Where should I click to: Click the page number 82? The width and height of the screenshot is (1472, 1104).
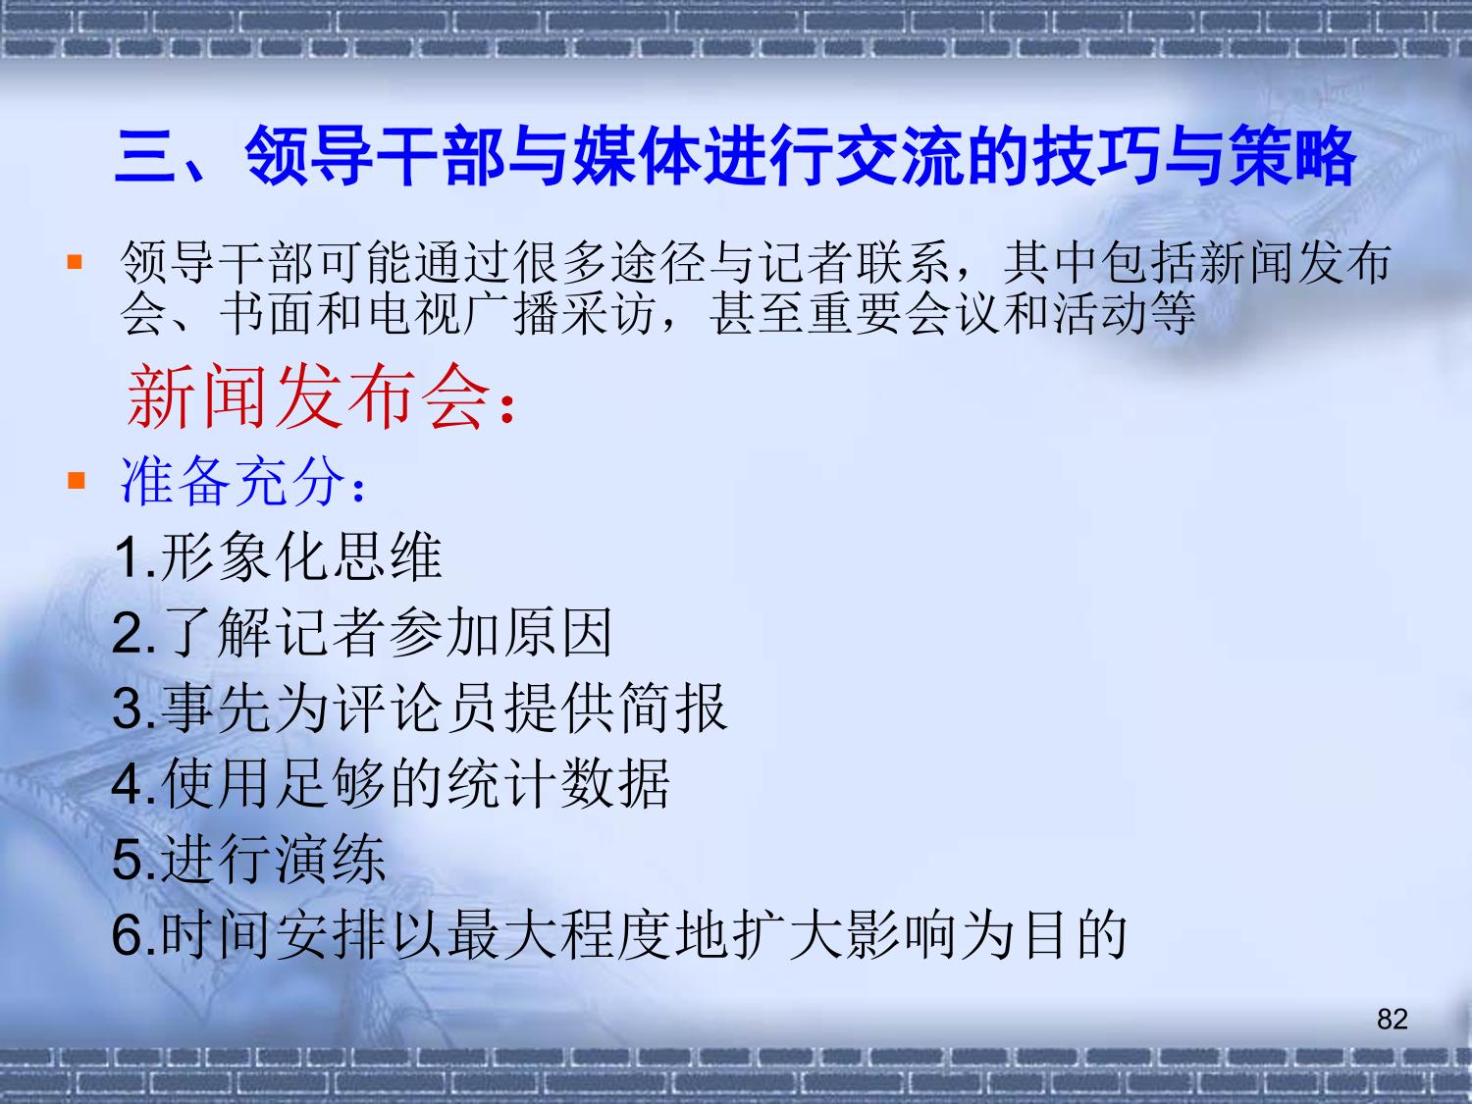coord(1393,1020)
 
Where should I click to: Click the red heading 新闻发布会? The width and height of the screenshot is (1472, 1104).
coord(308,396)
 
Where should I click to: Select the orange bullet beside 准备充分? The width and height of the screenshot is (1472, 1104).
coord(77,481)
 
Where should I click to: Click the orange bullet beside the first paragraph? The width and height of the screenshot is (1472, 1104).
coord(75,261)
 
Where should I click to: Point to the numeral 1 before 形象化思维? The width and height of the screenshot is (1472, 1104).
coord(128,557)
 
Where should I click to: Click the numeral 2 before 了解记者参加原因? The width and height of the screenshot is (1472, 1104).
coord(128,633)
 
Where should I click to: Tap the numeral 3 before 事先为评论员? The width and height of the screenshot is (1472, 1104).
coord(128,708)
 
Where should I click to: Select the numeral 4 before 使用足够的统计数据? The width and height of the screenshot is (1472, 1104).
coord(128,783)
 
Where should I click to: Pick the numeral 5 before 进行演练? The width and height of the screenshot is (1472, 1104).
coord(128,860)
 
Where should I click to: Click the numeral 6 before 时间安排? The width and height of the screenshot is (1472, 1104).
coord(128,934)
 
